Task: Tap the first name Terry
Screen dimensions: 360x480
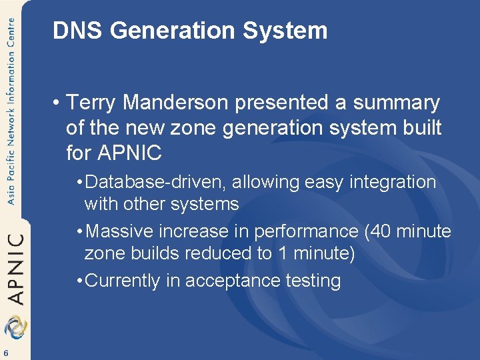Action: (93, 103)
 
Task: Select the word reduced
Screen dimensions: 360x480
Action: (223, 253)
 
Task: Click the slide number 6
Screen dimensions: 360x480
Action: (5, 353)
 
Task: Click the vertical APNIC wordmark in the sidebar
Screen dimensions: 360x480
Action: (15, 267)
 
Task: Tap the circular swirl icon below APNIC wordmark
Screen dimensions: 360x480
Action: (15, 327)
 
